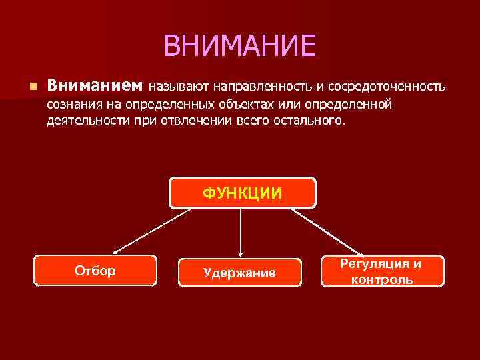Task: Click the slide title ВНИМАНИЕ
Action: (239, 46)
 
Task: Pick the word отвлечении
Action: (191, 121)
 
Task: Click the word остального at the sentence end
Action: (309, 121)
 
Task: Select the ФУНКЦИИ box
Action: (242, 193)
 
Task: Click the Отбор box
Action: (95, 271)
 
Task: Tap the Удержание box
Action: (239, 272)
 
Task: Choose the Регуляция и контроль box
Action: (382, 271)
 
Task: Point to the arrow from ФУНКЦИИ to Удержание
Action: (240, 231)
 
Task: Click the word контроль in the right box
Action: (382, 279)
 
